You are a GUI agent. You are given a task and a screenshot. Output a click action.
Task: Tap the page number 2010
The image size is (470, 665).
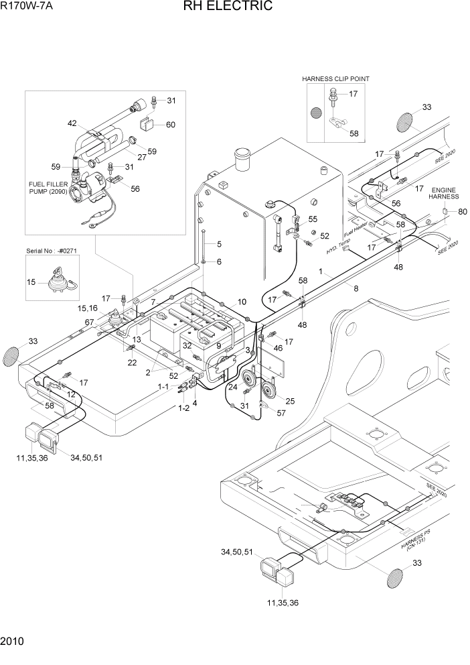click(13, 642)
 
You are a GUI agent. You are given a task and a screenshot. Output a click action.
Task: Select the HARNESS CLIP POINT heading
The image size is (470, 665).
click(335, 78)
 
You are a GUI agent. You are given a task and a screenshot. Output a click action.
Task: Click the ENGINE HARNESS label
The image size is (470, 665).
click(445, 193)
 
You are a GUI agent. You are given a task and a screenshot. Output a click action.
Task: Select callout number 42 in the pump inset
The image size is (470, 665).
click(72, 123)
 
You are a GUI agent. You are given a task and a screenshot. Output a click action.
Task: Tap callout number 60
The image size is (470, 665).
click(170, 125)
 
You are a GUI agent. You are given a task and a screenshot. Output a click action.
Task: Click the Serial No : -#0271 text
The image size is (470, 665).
click(50, 250)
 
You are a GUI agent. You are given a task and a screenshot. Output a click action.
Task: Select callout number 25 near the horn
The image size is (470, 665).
click(289, 401)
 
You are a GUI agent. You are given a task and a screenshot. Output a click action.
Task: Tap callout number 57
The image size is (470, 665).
click(281, 413)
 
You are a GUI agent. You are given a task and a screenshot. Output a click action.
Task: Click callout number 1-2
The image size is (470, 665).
click(183, 408)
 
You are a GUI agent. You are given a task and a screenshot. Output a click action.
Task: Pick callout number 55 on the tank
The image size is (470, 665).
click(313, 219)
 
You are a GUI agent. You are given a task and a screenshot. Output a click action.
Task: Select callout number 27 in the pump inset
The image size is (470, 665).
click(141, 157)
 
